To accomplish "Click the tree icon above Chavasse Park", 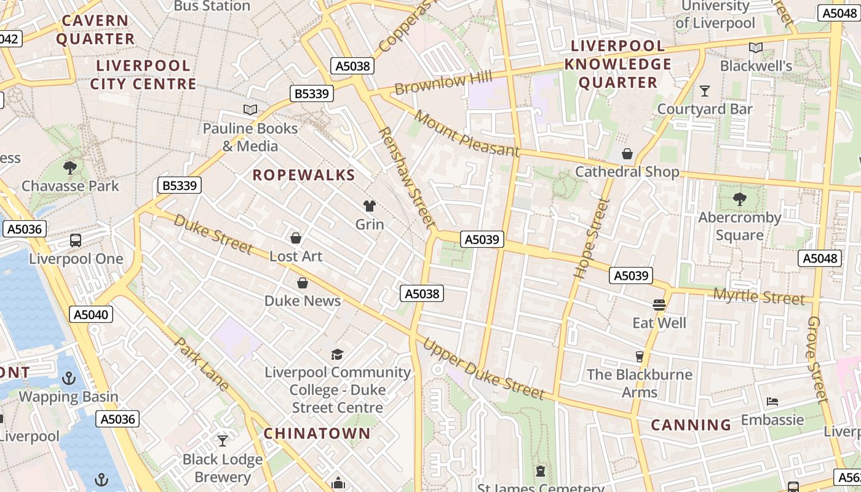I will tap(70, 167).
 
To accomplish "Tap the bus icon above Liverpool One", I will tap(76, 240).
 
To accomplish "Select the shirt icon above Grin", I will tap(370, 205).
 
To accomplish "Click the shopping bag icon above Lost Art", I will tap(296, 238).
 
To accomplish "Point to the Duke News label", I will tap(302, 301).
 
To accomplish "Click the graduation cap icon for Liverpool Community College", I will tap(337, 354).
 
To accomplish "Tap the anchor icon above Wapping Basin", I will tap(68, 378).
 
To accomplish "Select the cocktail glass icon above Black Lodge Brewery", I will tap(223, 441).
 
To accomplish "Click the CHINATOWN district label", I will tap(317, 434).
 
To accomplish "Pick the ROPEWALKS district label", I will tap(304, 175).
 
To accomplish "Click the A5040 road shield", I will tap(91, 315).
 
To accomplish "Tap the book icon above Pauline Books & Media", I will tap(250, 110).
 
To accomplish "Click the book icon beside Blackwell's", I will tap(756, 47).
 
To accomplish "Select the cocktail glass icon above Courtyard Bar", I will tap(705, 91).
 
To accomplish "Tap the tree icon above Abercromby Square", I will tap(739, 199).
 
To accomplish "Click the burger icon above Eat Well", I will tap(659, 304).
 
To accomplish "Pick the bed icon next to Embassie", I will tap(772, 402).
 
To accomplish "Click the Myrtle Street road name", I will tap(758, 297).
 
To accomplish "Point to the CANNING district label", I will tap(691, 425).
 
